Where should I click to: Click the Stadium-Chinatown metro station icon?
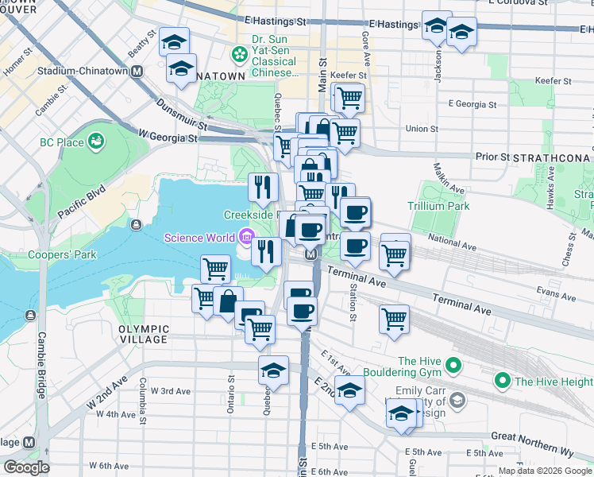point(137,72)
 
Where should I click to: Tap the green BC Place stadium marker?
point(97,142)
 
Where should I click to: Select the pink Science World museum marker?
point(246,237)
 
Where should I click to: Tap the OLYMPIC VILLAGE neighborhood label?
point(144,334)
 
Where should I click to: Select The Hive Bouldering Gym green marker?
point(453,366)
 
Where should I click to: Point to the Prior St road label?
point(492,157)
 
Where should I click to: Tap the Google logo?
point(25,467)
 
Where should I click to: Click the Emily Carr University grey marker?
point(457,399)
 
